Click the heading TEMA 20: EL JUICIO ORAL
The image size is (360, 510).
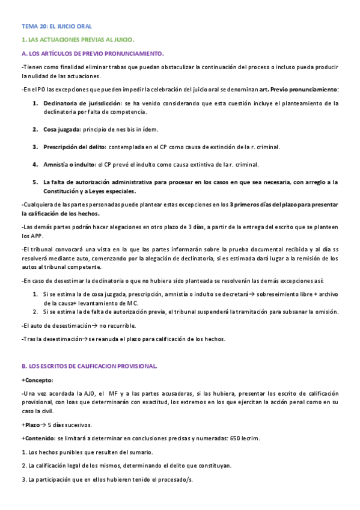coord(56,26)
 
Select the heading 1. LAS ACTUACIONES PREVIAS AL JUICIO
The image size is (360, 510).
coord(78,40)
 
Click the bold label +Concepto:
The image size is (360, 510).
coord(37,380)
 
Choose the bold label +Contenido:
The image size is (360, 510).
coord(38,438)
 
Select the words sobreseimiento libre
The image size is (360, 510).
coord(279,294)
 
